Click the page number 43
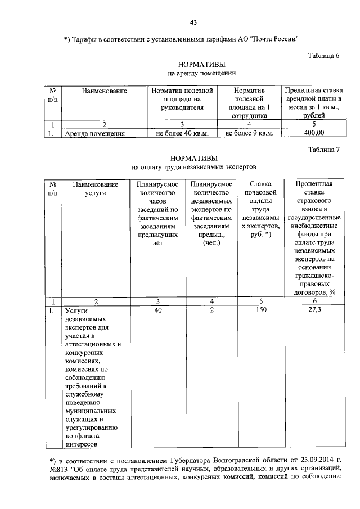click(x=193, y=22)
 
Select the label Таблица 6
click(x=325, y=55)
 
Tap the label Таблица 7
click(x=325, y=149)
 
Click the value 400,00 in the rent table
click(x=314, y=133)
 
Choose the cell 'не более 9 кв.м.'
click(x=249, y=133)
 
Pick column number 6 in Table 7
click(x=314, y=301)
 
